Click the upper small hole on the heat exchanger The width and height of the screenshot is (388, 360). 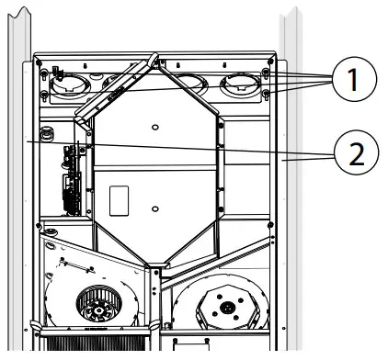click(155, 126)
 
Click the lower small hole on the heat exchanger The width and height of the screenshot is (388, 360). click(156, 210)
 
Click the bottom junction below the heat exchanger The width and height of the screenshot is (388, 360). click(156, 269)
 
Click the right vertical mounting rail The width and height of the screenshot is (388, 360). click(292, 184)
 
